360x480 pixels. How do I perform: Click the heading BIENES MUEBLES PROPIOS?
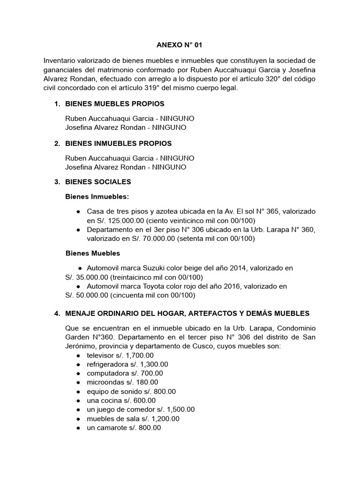coord(115,104)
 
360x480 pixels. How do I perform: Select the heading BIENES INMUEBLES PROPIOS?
coord(119,143)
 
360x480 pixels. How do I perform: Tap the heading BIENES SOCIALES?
coord(98,181)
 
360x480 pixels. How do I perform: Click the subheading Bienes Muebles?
coord(92,253)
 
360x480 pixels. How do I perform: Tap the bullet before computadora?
coord(78,373)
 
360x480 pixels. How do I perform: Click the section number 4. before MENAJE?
coord(58,313)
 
